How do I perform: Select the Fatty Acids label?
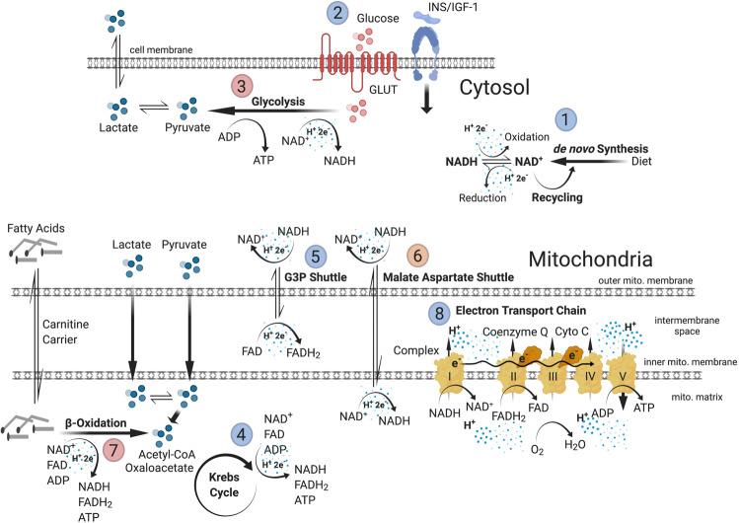click(31, 230)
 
